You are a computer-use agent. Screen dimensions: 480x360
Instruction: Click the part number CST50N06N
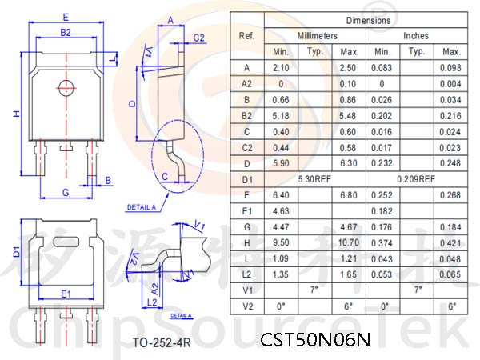point(315,339)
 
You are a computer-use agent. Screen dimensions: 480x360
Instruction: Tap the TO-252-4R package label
point(162,342)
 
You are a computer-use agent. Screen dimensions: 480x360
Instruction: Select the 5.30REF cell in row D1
point(314,179)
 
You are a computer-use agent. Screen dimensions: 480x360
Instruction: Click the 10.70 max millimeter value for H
point(348,242)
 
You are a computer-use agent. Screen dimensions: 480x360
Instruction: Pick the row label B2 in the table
point(246,116)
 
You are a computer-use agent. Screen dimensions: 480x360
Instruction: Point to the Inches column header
point(416,36)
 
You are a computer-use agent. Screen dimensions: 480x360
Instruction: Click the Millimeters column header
point(317,36)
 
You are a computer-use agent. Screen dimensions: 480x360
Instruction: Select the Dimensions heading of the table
point(368,21)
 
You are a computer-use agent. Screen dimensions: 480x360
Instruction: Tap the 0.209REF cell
point(416,179)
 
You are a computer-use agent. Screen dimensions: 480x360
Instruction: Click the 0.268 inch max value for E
point(450,195)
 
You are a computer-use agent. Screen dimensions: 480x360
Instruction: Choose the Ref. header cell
point(246,36)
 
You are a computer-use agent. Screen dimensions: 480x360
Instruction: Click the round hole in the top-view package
point(66,88)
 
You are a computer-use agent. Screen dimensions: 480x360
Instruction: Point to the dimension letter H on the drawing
point(17,114)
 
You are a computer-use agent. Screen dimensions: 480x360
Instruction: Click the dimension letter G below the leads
point(66,193)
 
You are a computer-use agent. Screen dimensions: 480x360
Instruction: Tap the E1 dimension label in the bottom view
point(66,294)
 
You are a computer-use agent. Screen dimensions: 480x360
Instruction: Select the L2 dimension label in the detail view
point(152,302)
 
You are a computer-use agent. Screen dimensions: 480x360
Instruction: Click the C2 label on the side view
point(198,38)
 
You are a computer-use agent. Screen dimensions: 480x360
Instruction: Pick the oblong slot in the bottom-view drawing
point(66,242)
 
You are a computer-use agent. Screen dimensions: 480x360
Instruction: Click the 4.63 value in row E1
point(281,211)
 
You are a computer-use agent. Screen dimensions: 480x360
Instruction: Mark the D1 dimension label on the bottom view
point(17,252)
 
